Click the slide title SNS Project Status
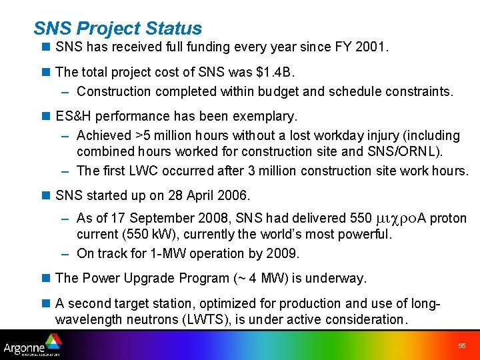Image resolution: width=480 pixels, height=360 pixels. (x=117, y=29)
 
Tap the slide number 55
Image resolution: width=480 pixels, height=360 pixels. (x=462, y=346)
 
